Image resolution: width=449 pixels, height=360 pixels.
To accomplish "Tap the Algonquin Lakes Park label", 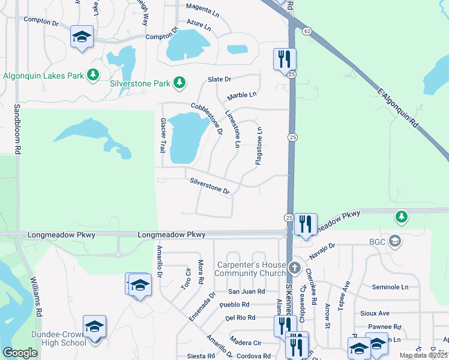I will click(x=43, y=75).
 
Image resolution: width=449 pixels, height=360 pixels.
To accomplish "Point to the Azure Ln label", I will click(x=199, y=27).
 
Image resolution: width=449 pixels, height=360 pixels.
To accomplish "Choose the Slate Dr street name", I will click(x=219, y=79).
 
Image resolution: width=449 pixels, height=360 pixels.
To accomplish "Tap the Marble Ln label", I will click(x=242, y=95).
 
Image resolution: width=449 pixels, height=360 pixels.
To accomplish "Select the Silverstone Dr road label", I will click(x=209, y=186).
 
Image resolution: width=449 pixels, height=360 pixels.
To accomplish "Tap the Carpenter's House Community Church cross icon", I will click(x=294, y=267).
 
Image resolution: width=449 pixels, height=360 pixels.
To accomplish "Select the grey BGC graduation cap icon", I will click(x=394, y=241).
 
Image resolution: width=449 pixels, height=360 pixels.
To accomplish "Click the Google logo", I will click(x=20, y=353).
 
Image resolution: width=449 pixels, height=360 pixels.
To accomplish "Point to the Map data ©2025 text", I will click(x=423, y=355).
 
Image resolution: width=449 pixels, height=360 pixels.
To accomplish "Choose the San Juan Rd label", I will click(x=246, y=292).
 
